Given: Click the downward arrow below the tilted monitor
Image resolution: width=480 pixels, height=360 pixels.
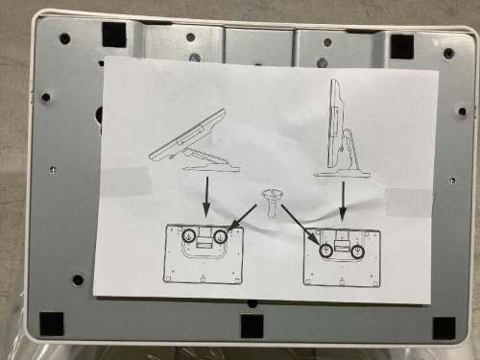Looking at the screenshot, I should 204,197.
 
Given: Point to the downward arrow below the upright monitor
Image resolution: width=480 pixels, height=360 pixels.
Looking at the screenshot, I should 343,199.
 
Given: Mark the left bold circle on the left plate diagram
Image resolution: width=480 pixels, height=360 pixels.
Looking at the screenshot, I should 189,236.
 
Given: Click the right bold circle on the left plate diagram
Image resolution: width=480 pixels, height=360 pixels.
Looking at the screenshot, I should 221,236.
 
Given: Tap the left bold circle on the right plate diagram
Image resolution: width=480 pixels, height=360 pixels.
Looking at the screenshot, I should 326,250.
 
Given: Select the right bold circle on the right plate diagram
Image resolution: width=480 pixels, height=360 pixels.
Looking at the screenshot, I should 357,250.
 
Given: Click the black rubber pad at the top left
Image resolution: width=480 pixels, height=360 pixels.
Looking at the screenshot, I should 113,34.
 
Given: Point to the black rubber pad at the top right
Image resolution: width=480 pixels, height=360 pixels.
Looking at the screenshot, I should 401,44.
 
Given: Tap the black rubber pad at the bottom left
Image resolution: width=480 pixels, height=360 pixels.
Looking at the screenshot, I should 52,323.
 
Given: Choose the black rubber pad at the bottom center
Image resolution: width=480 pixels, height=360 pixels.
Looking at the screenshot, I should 252,326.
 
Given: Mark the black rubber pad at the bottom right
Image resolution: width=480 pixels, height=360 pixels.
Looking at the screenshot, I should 443,326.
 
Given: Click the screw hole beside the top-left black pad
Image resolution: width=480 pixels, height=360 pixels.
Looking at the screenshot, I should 64,39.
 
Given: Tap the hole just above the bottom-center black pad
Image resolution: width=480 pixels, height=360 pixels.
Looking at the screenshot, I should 252,304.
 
